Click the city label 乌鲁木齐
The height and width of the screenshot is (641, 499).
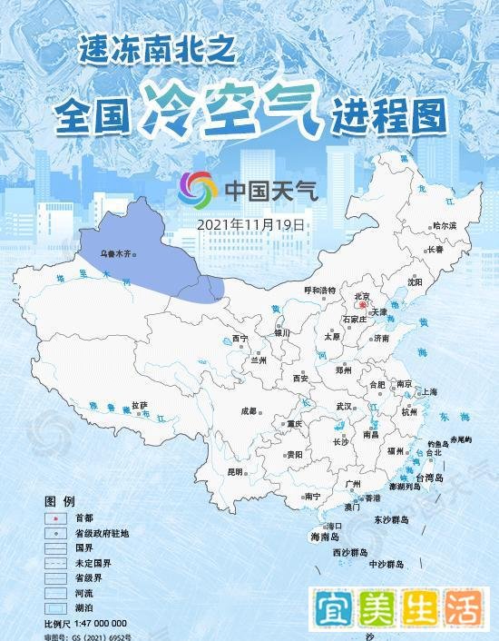coord(115,246)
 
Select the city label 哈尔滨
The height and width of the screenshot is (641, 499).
coord(445,225)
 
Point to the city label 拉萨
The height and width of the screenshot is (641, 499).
coord(139,404)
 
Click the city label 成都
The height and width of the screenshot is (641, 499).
coord(249,410)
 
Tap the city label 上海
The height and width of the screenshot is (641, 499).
coord(429,391)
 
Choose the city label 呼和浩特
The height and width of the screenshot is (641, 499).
coord(319,290)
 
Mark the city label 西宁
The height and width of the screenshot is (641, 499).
coord(240,338)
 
